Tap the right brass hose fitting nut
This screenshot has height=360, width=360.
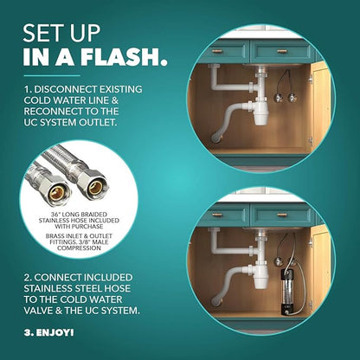pos(93,185)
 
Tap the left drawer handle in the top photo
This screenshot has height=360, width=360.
pos(218,50)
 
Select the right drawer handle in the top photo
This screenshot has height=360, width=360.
pos(282,51)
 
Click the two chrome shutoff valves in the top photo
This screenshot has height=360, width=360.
pos(286,94)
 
